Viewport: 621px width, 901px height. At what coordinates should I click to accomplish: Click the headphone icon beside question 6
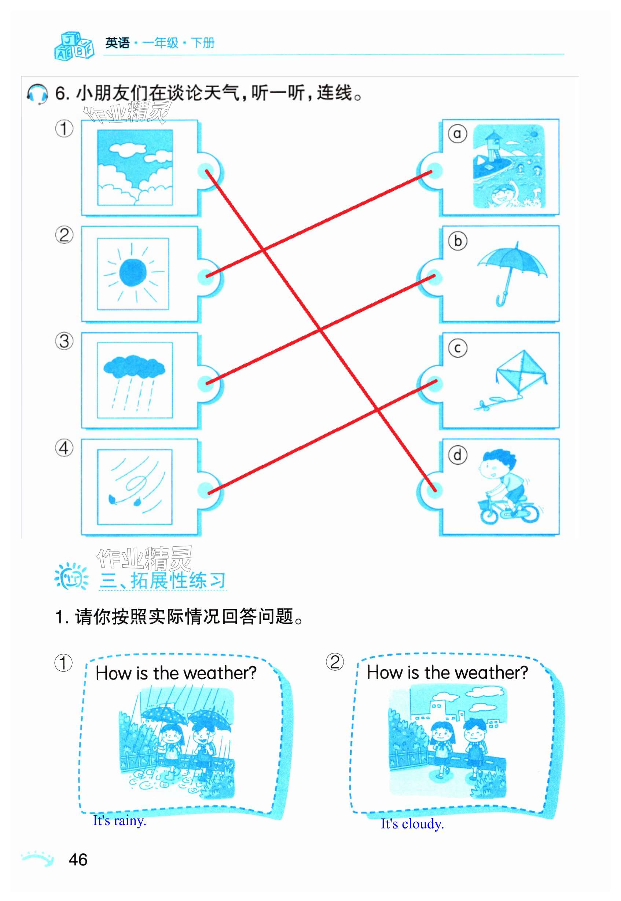point(37,94)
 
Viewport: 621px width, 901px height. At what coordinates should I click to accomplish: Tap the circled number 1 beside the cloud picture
point(64,128)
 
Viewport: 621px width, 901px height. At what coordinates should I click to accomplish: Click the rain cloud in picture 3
point(134,366)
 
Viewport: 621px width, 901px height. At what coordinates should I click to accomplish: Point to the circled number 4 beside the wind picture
point(64,448)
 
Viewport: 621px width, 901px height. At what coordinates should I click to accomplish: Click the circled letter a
point(457,133)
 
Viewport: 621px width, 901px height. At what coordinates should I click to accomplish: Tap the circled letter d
point(457,455)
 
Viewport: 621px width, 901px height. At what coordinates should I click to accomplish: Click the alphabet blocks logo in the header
point(74,46)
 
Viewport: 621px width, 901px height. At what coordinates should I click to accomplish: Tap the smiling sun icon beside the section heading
point(71,576)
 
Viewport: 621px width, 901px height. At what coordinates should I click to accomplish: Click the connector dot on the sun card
point(205,276)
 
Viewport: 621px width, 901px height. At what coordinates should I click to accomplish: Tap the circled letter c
point(458,348)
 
